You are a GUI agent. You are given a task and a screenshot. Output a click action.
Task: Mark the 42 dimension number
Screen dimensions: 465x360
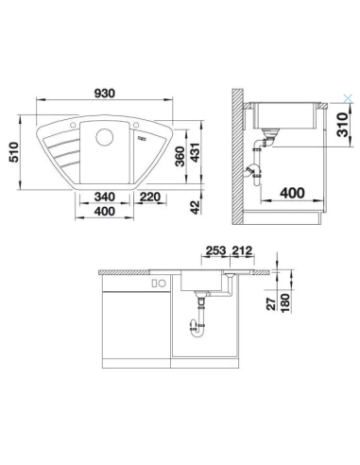(x=194, y=207)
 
